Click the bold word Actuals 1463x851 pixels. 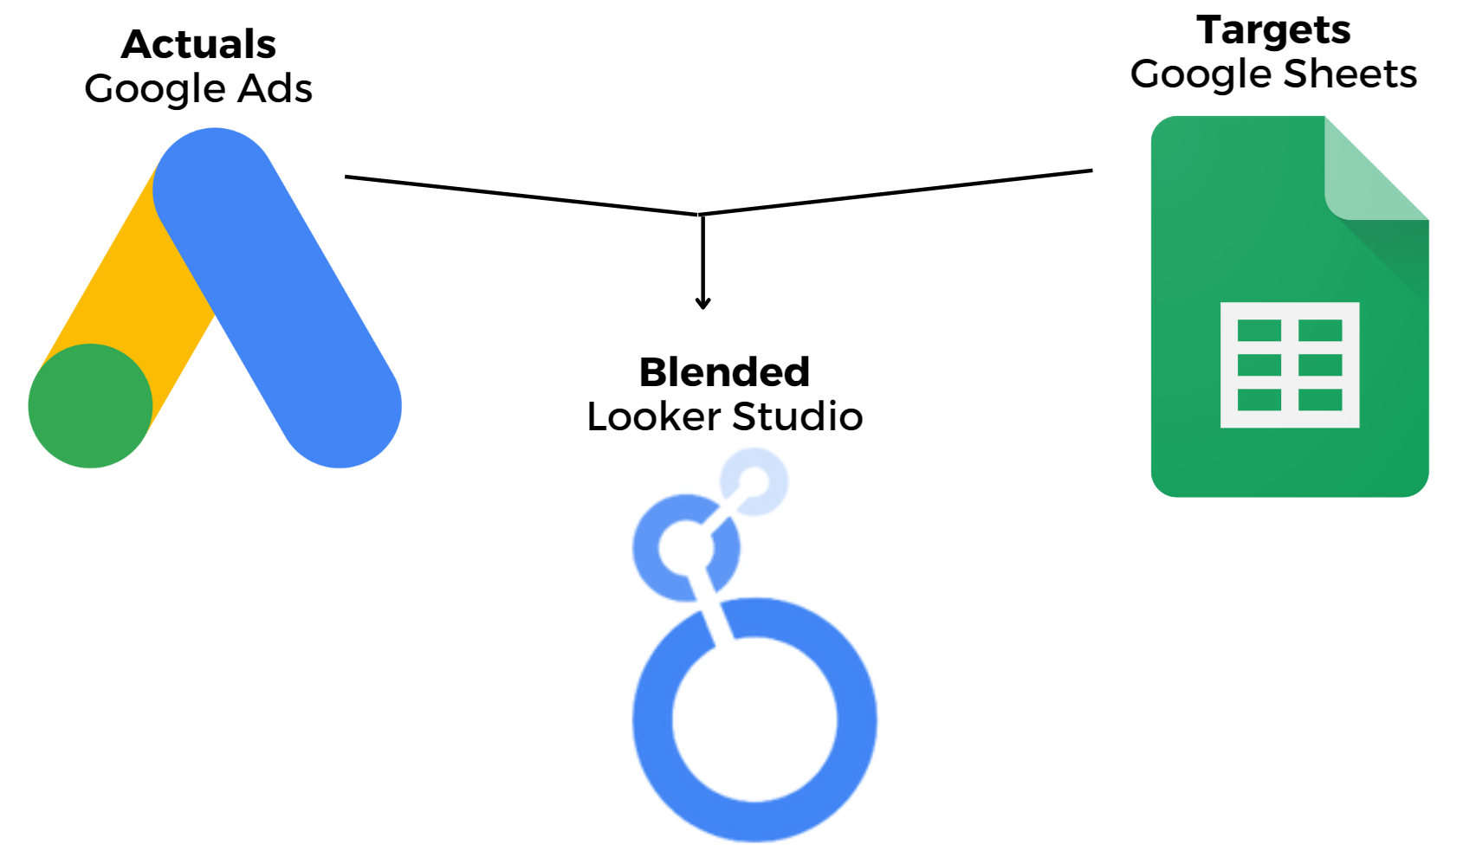coord(198,44)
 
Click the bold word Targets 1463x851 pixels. coord(1273,30)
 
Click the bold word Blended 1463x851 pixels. coord(724,372)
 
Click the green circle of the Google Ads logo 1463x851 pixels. coord(90,406)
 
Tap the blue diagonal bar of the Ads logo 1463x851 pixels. coord(277,294)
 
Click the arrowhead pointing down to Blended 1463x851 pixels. coord(703,303)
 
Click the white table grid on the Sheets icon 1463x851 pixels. coord(1289,364)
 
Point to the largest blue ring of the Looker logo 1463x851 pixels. coord(654,719)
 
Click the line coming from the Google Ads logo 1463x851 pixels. coord(520,196)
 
